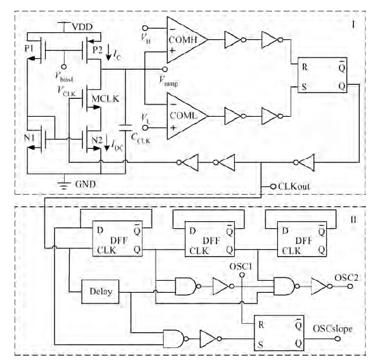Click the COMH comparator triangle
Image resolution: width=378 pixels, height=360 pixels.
pos(187,40)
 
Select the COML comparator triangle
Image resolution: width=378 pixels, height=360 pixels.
pos(187,116)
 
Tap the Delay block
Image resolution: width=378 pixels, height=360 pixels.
pos(100,292)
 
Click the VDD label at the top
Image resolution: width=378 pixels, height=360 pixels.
pos(82,27)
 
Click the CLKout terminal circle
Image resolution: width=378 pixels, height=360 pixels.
pos(273,186)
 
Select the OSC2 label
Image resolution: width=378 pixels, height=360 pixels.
pos(346,278)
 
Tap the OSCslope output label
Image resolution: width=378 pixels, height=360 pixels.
pos(332,329)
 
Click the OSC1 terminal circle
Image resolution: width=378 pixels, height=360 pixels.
pos(242,275)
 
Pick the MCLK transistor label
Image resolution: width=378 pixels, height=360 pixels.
pos(105,99)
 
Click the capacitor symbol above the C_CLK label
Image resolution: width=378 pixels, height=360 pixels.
pos(125,128)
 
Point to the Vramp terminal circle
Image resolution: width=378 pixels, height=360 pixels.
pos(165,69)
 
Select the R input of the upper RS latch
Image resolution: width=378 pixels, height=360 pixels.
pos(305,67)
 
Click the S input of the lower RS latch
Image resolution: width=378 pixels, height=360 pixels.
pos(261,345)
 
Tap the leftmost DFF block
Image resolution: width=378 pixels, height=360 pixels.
pos(118,239)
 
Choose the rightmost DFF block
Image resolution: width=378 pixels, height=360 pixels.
pos(302,239)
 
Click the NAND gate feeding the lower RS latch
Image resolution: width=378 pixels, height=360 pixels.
pos(174,338)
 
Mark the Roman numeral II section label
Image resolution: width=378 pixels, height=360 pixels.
pos(353,219)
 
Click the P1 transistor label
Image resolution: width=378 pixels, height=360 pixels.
pos(29,49)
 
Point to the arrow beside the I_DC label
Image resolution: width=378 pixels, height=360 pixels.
pos(107,143)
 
